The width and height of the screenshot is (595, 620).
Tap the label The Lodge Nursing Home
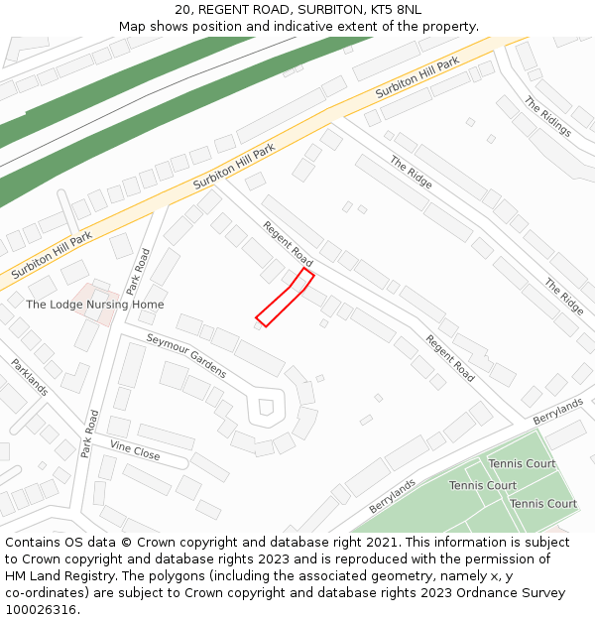pyautogui.click(x=95, y=305)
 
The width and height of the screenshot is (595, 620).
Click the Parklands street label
pyautogui.click(x=30, y=377)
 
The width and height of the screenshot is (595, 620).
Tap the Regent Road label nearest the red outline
pyautogui.click(x=288, y=244)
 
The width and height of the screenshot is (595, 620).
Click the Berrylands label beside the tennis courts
pyautogui.click(x=393, y=493)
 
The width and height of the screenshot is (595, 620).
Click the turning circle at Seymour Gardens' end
pyautogui.click(x=266, y=408)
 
